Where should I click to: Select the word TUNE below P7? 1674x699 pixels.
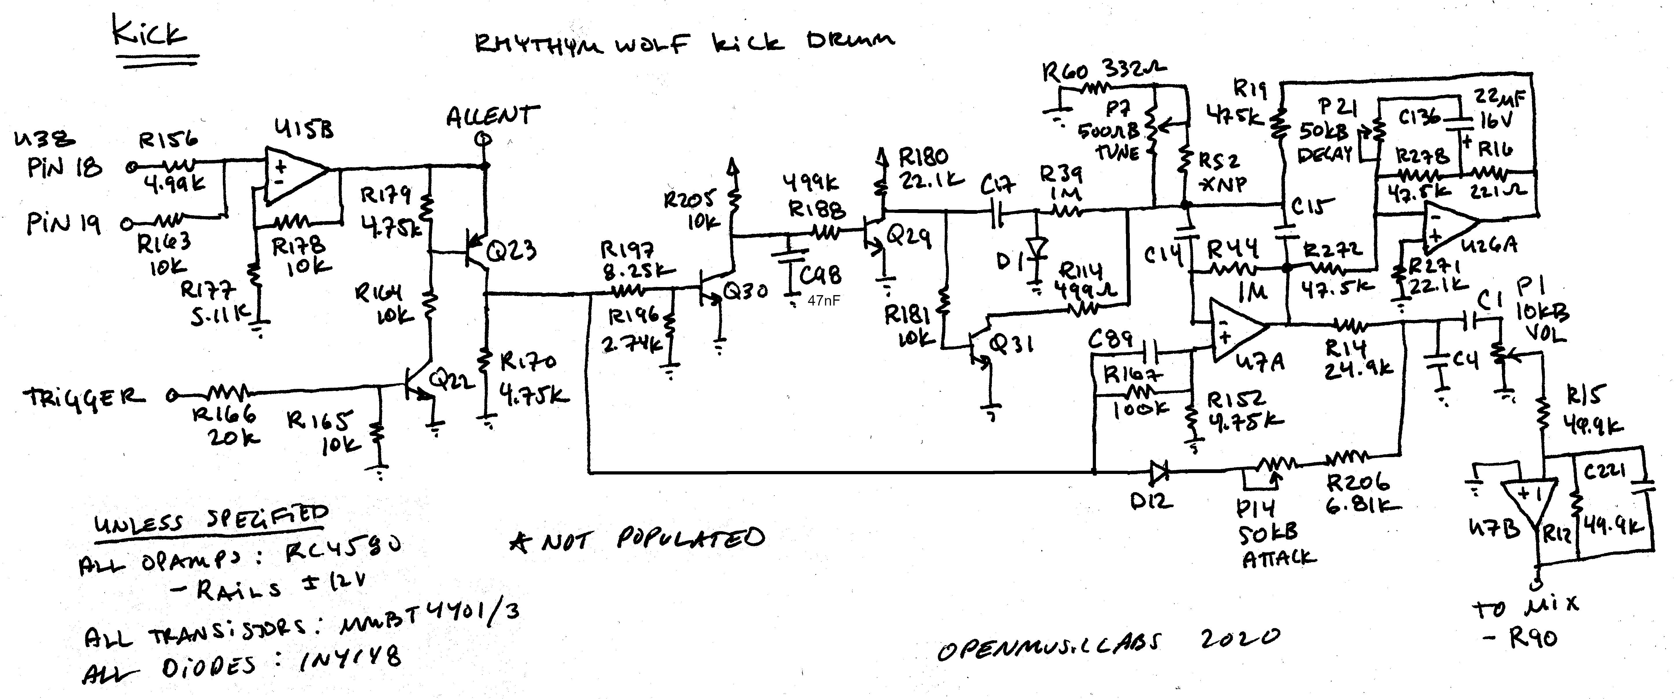[x=1118, y=153]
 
